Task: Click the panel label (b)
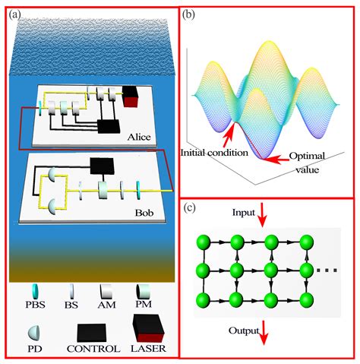[x=188, y=14]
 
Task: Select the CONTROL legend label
[x=93, y=348]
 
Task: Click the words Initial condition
[x=214, y=153]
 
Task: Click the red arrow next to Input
[x=261, y=219]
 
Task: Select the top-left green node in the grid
[x=202, y=242]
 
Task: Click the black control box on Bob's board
[x=101, y=164]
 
